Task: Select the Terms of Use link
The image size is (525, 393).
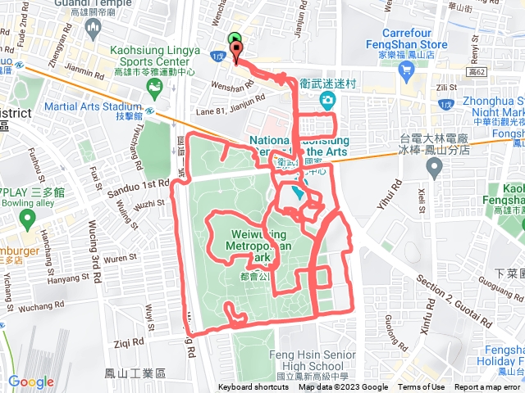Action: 422,387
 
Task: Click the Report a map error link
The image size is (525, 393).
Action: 488,387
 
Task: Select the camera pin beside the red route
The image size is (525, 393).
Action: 327,101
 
